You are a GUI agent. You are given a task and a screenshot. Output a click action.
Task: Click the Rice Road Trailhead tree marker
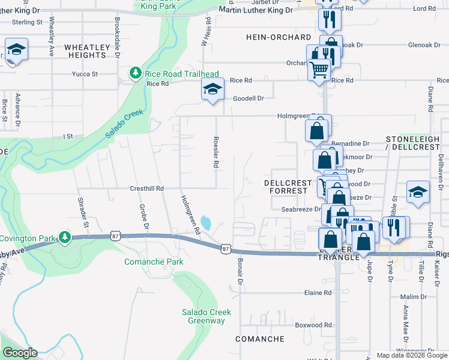[x=136, y=73]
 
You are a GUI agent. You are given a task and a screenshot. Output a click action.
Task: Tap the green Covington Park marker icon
[x=65, y=238]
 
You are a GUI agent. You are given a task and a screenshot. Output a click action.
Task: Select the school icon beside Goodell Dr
[x=212, y=90]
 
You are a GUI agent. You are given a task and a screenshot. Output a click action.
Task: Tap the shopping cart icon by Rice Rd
[x=319, y=70]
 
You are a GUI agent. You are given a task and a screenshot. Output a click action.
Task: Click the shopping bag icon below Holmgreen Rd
[x=317, y=129]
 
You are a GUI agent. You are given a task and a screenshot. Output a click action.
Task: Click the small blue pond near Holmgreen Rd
[x=206, y=223]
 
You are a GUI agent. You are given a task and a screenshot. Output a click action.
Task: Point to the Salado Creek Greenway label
[x=204, y=316]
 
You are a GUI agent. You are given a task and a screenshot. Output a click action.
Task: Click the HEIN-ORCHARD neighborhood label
[x=279, y=37]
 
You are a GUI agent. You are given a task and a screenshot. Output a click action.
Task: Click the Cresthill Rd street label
[x=147, y=188]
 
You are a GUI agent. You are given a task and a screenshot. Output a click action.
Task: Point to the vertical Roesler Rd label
[x=214, y=155]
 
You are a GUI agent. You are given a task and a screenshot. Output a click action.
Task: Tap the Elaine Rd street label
[x=318, y=293]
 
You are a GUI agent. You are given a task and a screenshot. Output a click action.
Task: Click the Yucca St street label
[x=85, y=74]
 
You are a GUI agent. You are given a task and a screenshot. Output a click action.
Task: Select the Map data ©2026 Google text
[x=411, y=355]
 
